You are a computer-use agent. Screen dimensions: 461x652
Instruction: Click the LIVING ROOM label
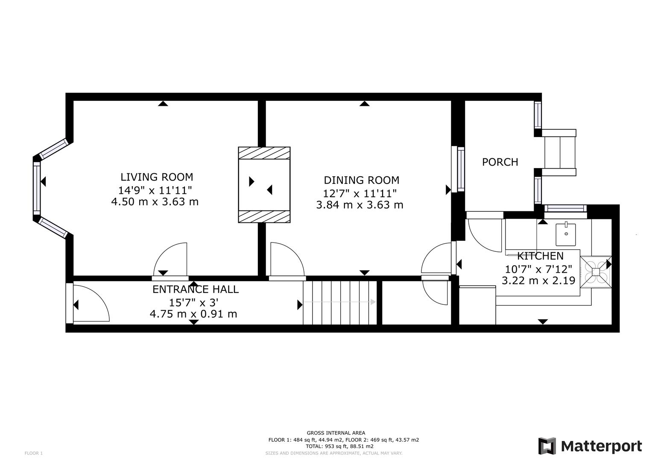point(156,177)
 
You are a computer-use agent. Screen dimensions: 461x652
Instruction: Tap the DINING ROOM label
point(361,180)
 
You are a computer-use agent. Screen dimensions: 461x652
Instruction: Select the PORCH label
point(500,162)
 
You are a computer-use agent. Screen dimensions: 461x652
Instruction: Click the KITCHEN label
point(540,256)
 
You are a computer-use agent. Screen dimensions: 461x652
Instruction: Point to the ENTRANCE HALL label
point(196,289)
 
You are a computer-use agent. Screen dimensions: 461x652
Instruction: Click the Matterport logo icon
point(547,446)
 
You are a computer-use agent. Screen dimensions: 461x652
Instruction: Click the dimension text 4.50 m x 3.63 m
point(155,201)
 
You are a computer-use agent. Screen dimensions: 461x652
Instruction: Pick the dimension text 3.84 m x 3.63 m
point(360,205)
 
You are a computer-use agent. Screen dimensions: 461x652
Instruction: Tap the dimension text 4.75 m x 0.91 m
point(193,314)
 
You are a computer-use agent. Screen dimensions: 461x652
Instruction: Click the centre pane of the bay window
point(37,189)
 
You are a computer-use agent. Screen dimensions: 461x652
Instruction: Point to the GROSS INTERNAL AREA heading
point(336,433)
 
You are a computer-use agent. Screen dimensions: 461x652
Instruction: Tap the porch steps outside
point(559,153)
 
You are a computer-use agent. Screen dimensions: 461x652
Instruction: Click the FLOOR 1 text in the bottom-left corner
point(34,453)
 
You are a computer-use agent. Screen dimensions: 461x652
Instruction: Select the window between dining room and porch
point(460,169)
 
